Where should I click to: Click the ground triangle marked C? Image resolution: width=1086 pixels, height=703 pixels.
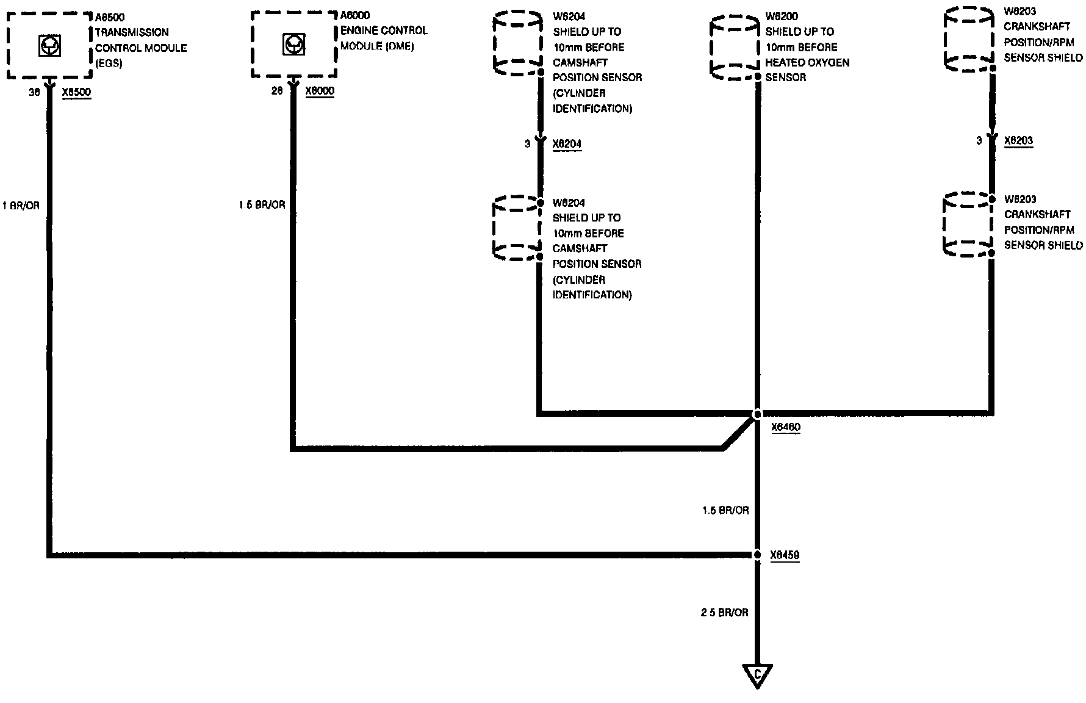pos(757,674)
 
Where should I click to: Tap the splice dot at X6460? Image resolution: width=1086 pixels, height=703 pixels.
pos(757,414)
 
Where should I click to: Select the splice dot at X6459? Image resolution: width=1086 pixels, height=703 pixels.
pos(757,555)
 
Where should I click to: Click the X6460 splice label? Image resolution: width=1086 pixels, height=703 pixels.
pos(785,428)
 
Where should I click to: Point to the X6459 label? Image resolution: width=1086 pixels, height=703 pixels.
pos(785,555)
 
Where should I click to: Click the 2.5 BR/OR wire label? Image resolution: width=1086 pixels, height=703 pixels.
pos(724,612)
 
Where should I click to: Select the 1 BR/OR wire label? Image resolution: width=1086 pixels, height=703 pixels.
pos(21,206)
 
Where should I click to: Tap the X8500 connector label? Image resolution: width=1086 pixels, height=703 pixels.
pos(76,92)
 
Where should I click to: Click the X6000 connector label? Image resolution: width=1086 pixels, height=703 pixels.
pos(320,92)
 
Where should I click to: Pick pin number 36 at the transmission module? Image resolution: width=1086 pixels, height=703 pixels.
pos(34,92)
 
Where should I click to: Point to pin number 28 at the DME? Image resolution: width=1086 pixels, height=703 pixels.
pos(278,92)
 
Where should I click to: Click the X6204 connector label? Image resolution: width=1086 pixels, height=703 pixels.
pos(567,144)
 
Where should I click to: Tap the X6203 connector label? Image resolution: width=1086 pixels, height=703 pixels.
pos(1018,140)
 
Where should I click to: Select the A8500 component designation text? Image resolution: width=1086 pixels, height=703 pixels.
pos(110,17)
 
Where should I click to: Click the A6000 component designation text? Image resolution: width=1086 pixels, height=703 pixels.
pos(355,15)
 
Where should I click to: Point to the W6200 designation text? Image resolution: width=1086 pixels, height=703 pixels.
pos(782,16)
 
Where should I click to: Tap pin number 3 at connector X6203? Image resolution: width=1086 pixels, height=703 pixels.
pos(979,140)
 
